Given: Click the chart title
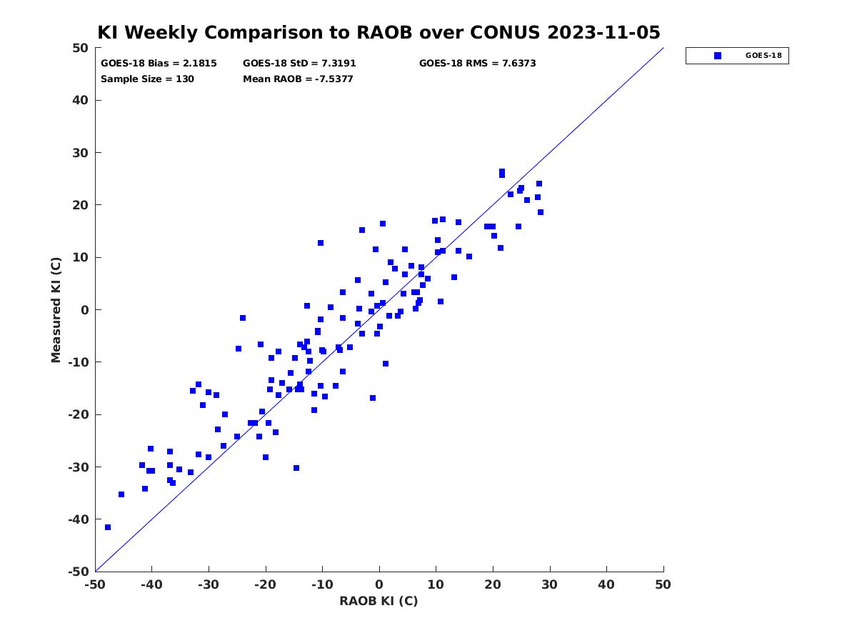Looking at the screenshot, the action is (x=379, y=32).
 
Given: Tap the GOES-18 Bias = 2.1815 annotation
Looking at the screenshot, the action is (x=159, y=64).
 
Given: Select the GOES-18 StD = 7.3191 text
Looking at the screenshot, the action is (x=299, y=64).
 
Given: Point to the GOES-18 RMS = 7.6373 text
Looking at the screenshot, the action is (x=477, y=64).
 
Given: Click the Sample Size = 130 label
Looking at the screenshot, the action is (x=147, y=79).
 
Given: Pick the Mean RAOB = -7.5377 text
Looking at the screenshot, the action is (x=298, y=79).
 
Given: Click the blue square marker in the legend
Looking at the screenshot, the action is (x=718, y=56).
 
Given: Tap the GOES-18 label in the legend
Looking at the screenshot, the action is (x=763, y=56).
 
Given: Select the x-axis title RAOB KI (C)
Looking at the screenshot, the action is (x=379, y=600).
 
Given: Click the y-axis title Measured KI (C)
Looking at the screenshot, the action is (x=56, y=310).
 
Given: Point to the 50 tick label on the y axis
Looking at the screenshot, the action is (x=81, y=48).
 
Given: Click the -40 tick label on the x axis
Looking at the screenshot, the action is (x=152, y=584).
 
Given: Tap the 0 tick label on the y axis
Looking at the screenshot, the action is (x=85, y=310).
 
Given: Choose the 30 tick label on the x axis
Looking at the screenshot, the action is (x=550, y=584).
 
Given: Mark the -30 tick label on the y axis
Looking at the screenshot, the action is (x=79, y=467).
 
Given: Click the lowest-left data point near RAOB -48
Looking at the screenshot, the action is (x=108, y=527).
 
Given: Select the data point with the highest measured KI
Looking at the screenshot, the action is (x=502, y=172).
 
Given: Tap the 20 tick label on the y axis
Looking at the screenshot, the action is (x=81, y=205).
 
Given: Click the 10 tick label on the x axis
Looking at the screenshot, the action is (x=436, y=584).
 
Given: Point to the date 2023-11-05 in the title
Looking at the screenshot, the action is (x=603, y=32).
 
